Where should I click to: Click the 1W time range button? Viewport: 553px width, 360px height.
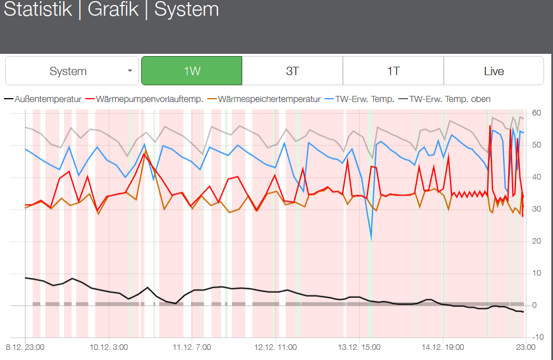pyautogui.click(x=192, y=71)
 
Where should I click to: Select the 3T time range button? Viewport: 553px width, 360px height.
pyautogui.click(x=292, y=71)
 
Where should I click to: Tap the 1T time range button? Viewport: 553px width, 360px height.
pyautogui.click(x=393, y=71)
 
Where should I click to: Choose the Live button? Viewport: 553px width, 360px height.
pyautogui.click(x=494, y=71)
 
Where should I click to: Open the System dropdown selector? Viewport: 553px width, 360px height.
pyautogui.click(x=72, y=71)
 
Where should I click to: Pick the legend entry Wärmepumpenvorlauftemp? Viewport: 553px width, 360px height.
pyautogui.click(x=149, y=99)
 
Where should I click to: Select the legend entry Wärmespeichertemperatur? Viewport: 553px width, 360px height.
pyautogui.click(x=269, y=99)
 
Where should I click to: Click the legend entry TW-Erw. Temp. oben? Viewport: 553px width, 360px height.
pyautogui.click(x=450, y=99)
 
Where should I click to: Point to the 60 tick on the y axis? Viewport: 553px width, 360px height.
pyautogui.click(x=536, y=113)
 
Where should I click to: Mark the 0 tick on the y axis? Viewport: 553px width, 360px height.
pyautogui.click(x=535, y=306)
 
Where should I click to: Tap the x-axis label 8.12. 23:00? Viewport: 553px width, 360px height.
pyautogui.click(x=25, y=348)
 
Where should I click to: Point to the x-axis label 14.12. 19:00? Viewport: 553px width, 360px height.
pyautogui.click(x=440, y=348)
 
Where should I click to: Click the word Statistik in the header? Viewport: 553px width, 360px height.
pyautogui.click(x=38, y=10)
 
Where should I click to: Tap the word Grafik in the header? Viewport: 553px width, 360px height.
pyautogui.click(x=113, y=10)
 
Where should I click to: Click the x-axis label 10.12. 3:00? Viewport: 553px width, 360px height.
pyautogui.click(x=108, y=348)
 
